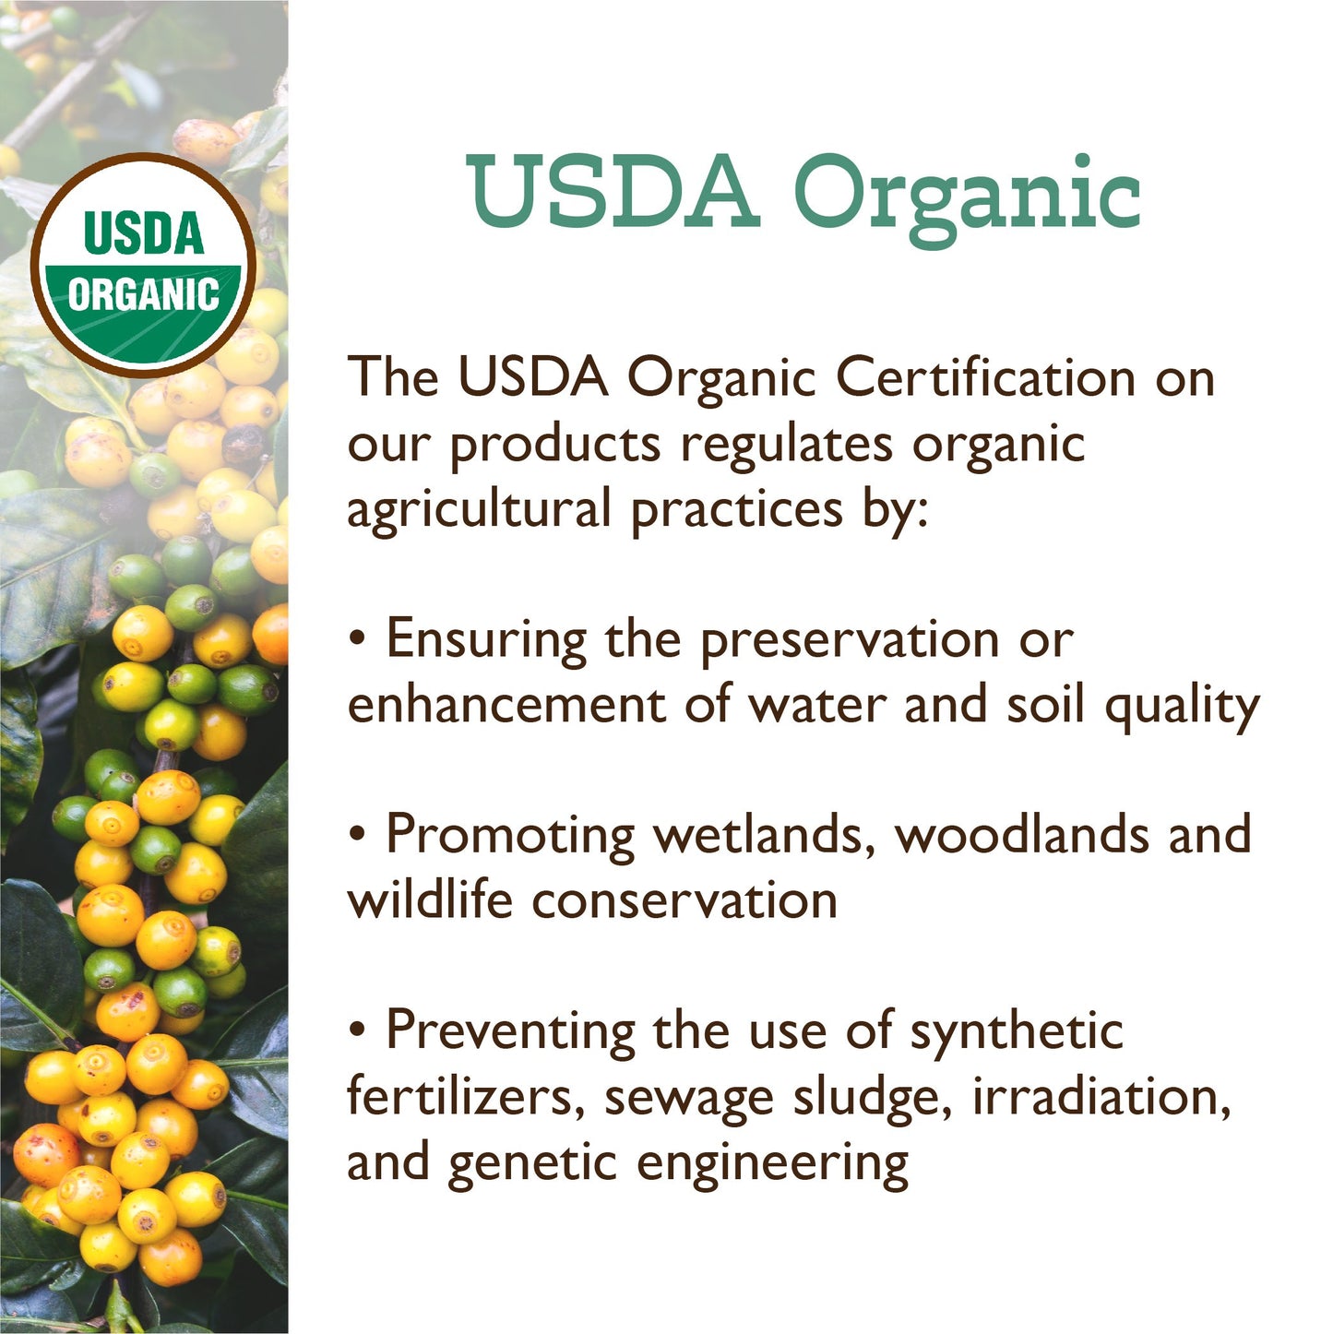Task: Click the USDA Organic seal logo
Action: click(x=144, y=264)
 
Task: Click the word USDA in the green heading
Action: click(x=613, y=194)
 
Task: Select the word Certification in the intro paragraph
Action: click(x=985, y=378)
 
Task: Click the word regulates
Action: click(x=786, y=445)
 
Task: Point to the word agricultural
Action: click(x=479, y=510)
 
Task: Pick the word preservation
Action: click(x=849, y=641)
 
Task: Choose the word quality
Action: click(x=1182, y=709)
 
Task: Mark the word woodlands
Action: click(x=1022, y=835)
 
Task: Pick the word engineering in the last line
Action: click(x=772, y=1164)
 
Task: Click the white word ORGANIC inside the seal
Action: click(x=143, y=295)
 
